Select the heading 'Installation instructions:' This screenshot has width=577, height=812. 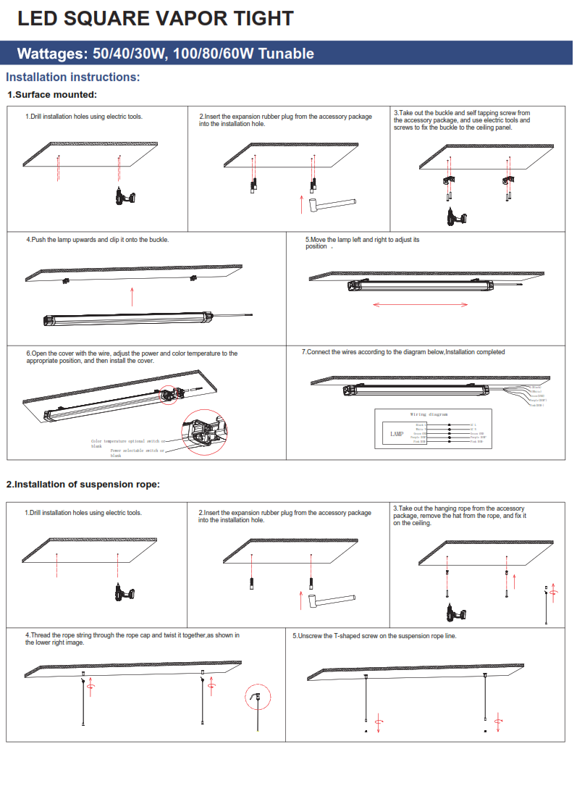pos(73,78)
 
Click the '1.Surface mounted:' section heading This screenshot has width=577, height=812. pos(52,95)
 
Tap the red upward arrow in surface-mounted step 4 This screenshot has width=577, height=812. pos(132,296)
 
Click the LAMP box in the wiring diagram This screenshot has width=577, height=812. pos(397,434)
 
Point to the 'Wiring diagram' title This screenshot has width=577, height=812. pos(429,414)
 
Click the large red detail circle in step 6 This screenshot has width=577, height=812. pos(205,431)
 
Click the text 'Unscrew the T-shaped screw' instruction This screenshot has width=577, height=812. pos(374,636)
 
